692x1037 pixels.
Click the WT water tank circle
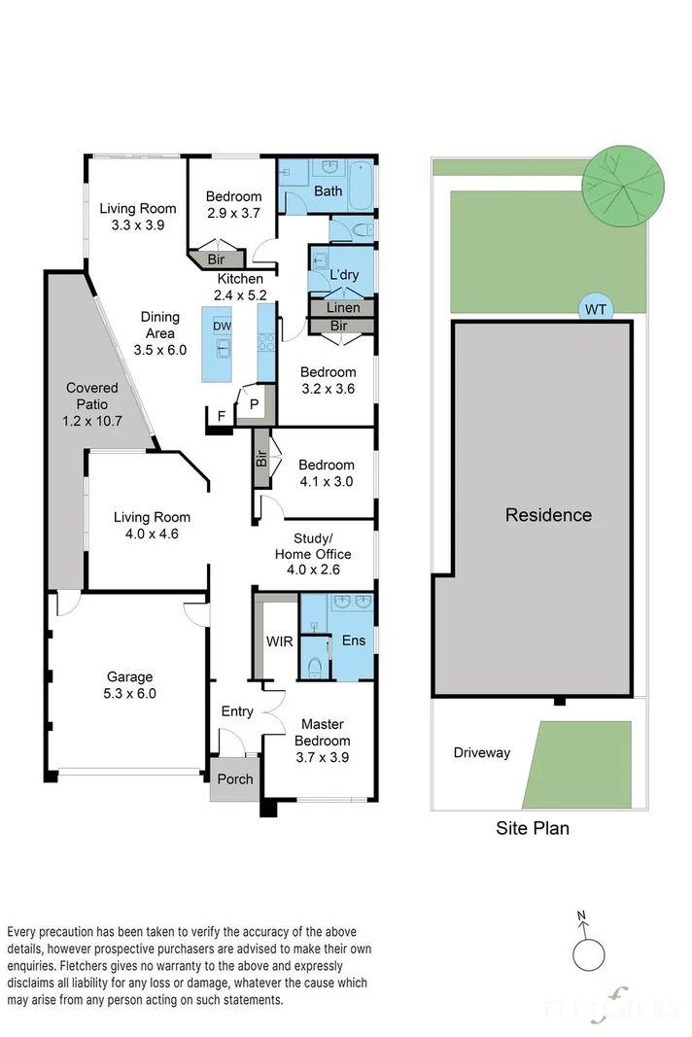(596, 309)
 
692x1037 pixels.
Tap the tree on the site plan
(623, 186)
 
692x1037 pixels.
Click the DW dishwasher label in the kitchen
(223, 326)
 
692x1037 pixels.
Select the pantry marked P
(255, 403)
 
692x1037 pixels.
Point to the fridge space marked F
(222, 416)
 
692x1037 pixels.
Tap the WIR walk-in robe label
(279, 640)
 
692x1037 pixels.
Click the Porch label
(235, 779)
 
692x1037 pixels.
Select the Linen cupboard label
(343, 307)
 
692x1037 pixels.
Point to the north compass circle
(588, 954)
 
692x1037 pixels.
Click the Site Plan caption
(533, 828)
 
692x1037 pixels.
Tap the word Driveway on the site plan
(482, 752)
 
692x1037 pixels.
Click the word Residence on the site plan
(548, 514)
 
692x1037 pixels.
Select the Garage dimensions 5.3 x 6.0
(129, 693)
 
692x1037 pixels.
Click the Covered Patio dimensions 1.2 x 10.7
(92, 421)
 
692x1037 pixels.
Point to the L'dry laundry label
(344, 274)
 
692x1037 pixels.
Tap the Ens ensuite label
(353, 640)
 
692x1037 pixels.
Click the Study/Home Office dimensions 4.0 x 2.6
(313, 570)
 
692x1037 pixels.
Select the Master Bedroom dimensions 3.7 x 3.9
(322, 757)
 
